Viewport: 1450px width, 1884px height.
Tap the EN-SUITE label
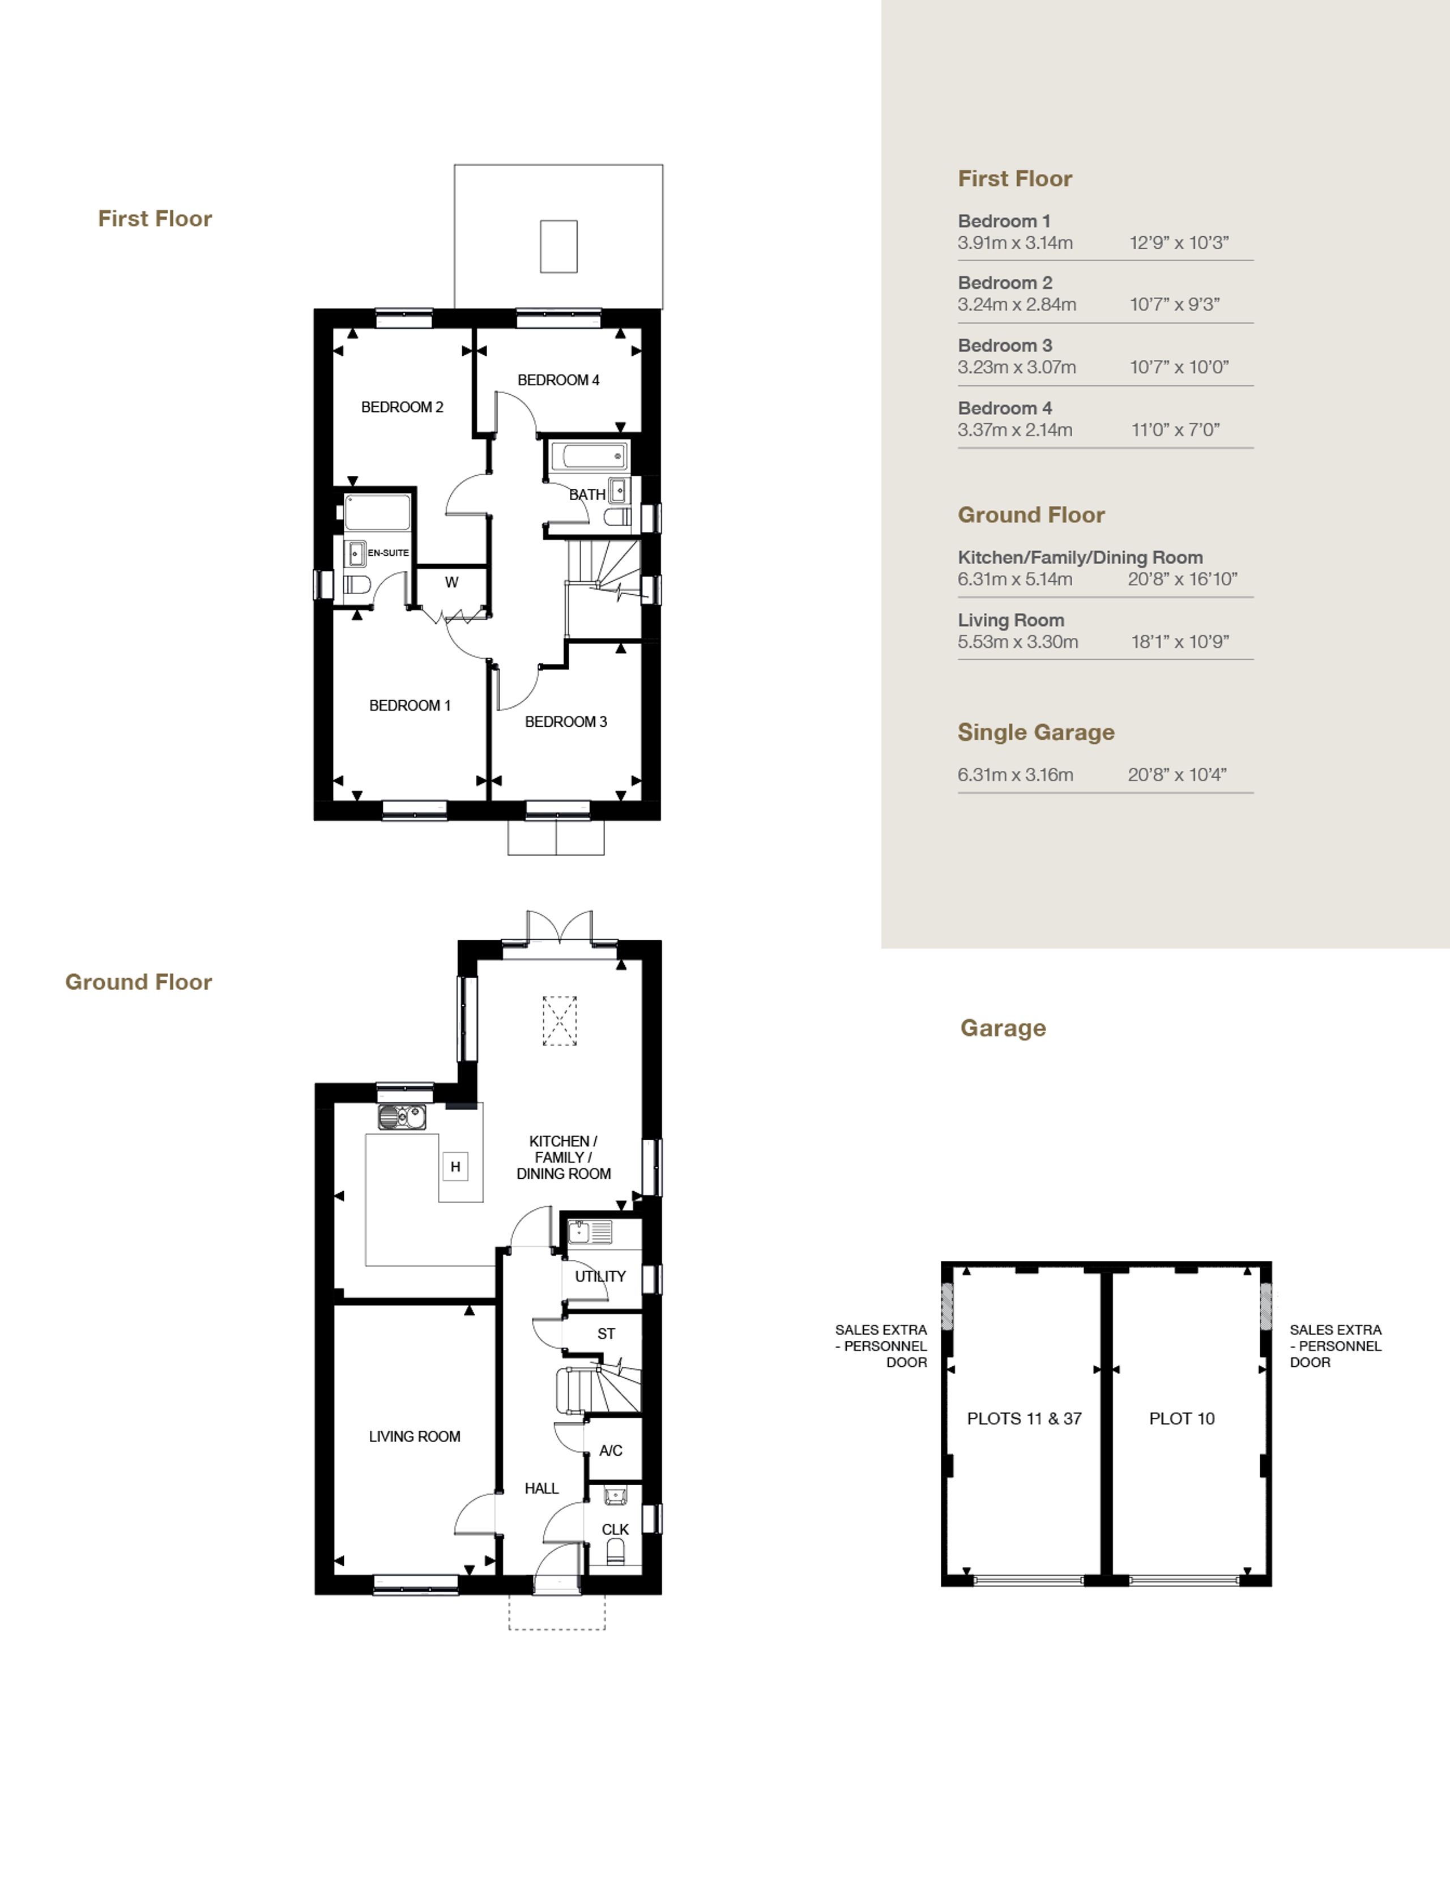(x=388, y=553)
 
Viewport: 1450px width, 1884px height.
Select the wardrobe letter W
(x=451, y=582)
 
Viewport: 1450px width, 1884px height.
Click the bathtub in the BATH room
(x=589, y=457)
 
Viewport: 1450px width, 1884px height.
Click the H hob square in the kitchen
(x=455, y=1166)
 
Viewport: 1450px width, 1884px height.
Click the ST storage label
(x=607, y=1333)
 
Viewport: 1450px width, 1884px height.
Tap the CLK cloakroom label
(x=615, y=1529)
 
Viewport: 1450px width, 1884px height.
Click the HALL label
(x=541, y=1488)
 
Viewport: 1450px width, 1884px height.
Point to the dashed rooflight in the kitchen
(x=560, y=1021)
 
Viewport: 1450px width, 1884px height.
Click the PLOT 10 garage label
(x=1182, y=1419)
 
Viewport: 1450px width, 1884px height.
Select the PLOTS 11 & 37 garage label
(x=1024, y=1419)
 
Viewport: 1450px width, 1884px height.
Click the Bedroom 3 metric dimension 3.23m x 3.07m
(x=1017, y=368)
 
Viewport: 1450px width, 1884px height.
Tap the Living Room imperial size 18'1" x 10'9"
(x=1180, y=642)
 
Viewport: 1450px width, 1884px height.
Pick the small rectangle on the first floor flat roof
(x=559, y=247)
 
